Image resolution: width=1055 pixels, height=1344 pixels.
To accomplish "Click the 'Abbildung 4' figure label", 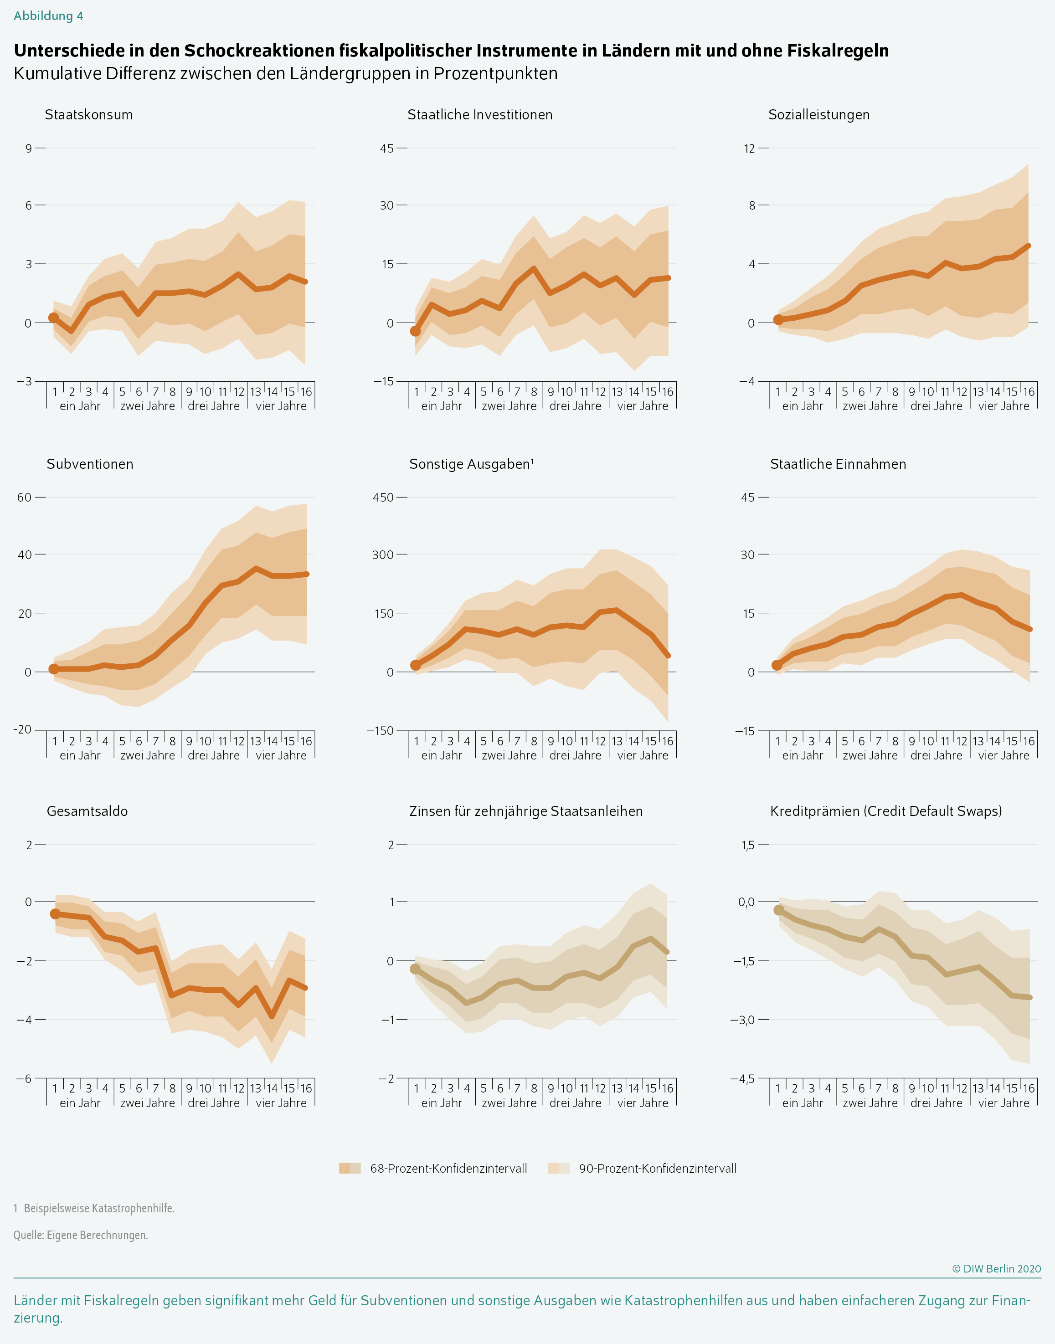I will point(48,16).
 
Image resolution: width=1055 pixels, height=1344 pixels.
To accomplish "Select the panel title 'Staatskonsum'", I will point(89,115).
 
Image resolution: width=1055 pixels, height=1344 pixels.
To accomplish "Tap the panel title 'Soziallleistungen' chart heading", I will point(818,115).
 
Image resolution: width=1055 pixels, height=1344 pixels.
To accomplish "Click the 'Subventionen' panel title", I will point(90,464).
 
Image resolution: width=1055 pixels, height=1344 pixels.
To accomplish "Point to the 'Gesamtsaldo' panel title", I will point(87,811).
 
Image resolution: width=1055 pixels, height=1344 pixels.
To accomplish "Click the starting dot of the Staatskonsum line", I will point(54,318).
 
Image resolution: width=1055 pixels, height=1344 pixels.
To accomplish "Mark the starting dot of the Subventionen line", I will point(54,669).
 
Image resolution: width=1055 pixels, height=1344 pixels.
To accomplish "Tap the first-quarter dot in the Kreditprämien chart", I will point(778,910).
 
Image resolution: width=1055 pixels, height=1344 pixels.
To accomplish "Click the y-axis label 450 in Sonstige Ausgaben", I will point(382,498).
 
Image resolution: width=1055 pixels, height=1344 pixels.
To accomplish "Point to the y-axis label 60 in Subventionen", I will point(24,498).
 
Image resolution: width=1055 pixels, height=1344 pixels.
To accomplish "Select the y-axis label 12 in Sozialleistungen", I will point(749,149).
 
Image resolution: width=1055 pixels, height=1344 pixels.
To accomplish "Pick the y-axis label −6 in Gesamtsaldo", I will point(24,1079).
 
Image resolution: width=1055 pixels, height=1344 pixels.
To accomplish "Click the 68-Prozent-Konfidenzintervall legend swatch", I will point(350,1168).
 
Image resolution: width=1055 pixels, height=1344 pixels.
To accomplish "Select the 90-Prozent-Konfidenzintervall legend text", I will point(657,1169).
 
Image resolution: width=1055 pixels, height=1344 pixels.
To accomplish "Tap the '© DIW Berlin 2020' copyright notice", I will point(996,1269).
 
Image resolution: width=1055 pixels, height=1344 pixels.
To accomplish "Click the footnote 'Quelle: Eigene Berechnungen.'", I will point(81,1235).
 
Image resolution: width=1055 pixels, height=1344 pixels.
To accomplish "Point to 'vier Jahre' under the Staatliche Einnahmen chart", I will point(1004,755).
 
